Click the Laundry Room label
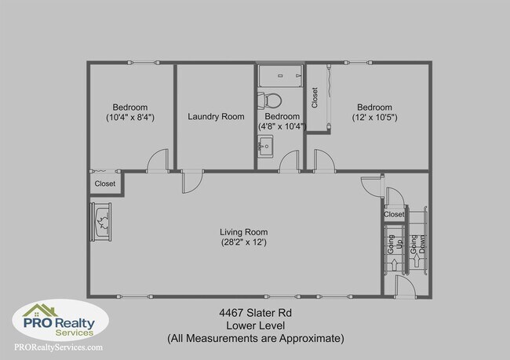click(216, 117)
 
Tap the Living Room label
click(243, 232)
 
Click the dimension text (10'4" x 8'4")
click(130, 118)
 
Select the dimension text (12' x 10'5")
click(374, 118)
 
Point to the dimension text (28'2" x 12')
click(243, 242)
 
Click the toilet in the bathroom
click(272, 100)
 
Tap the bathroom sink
click(265, 145)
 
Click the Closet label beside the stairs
click(394, 214)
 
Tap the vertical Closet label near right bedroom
click(315, 97)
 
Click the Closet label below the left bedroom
click(104, 184)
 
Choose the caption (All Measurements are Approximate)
click(255, 339)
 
